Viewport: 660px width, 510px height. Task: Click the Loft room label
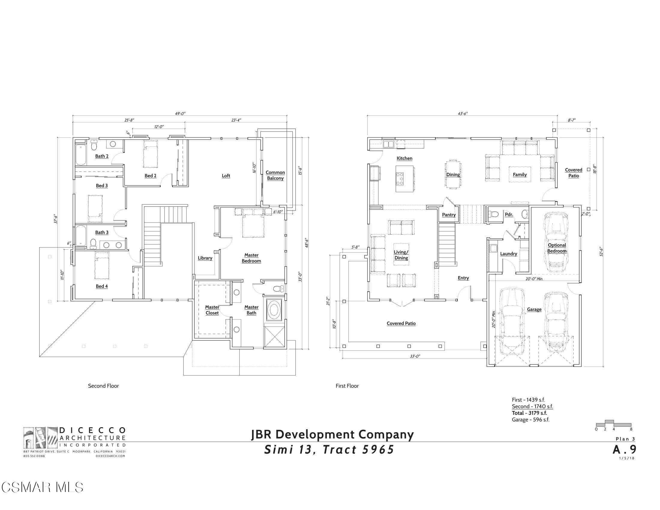[x=226, y=175]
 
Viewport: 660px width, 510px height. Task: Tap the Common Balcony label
[x=275, y=175]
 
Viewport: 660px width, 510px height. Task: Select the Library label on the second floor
[x=205, y=258]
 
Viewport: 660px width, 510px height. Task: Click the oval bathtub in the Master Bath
[x=274, y=310]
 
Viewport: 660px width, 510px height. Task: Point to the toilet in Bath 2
[x=94, y=146]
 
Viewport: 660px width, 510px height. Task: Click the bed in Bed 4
[x=101, y=265]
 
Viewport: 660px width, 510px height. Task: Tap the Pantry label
[x=449, y=214]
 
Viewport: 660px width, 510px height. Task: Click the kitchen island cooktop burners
[x=400, y=178]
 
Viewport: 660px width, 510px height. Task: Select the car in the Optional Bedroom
[x=556, y=242]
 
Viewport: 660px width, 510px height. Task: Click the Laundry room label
[x=508, y=254]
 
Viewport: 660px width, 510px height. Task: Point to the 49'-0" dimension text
[x=180, y=114]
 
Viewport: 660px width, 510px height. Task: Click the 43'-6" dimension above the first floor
[x=462, y=114]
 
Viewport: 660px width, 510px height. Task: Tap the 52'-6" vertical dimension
[x=601, y=252]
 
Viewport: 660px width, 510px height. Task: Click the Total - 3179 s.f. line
[x=529, y=413]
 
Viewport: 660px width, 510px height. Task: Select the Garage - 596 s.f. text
[x=530, y=420]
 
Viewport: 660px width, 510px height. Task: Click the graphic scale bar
[x=613, y=424]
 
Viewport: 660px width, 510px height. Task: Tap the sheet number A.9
[x=624, y=450]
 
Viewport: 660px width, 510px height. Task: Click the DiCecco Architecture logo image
[x=40, y=438]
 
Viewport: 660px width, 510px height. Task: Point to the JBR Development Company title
[x=332, y=434]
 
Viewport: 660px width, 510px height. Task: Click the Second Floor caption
[x=103, y=386]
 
